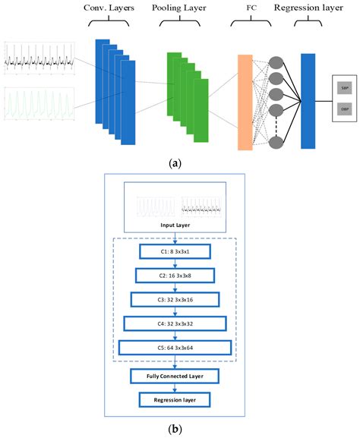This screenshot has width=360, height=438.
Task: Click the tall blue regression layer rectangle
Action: [x=308, y=100]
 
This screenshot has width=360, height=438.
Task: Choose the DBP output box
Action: [x=345, y=110]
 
